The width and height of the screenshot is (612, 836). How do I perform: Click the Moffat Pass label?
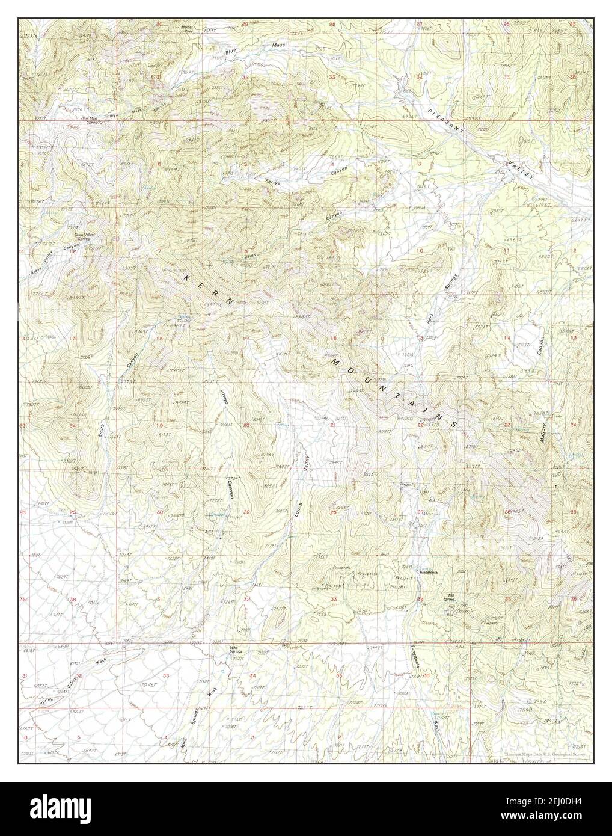[188, 29]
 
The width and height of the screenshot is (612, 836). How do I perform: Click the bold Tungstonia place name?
[435, 572]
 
